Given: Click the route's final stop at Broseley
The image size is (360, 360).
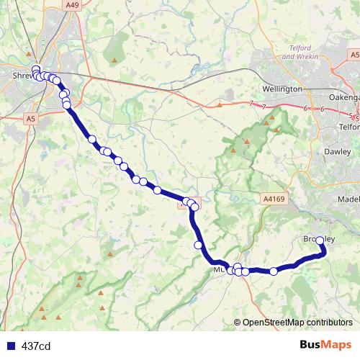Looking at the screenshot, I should (x=320, y=241).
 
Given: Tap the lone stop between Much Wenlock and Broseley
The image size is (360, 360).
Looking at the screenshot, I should (x=274, y=271).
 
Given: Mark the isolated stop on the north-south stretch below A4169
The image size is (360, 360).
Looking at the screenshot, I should (x=198, y=246).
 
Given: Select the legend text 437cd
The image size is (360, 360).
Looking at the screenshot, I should (x=36, y=346).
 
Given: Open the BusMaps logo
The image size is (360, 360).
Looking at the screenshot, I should (x=326, y=345).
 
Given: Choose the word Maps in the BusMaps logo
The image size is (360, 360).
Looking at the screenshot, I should (x=336, y=345).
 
